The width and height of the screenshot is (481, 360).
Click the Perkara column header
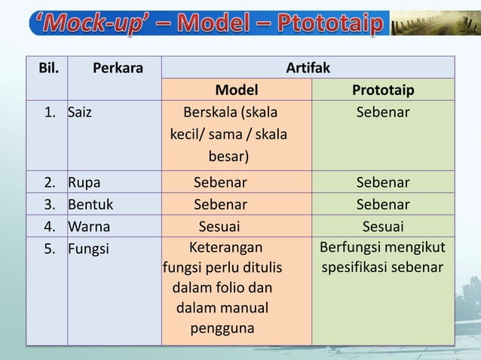point(118,69)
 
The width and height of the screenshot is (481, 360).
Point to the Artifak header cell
point(308,69)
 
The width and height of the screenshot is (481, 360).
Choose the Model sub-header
point(236,90)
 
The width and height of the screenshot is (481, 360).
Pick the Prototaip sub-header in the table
point(382,90)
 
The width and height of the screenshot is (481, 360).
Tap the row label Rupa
point(84,182)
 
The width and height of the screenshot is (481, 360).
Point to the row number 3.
point(51,204)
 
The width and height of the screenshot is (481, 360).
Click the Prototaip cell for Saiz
point(382,113)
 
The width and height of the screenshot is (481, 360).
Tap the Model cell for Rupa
point(220,182)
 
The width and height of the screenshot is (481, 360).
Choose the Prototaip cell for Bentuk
point(382,204)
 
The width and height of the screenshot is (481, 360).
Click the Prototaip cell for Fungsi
point(382,258)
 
